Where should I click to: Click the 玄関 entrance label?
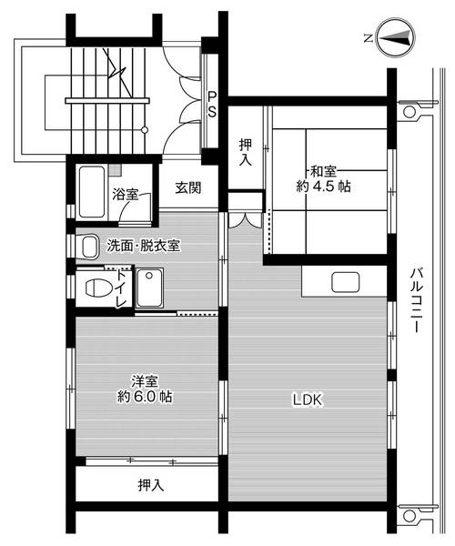point(187,188)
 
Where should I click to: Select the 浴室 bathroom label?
point(126,194)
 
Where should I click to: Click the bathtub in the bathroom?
point(90,189)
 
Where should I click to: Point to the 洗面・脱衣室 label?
point(143,246)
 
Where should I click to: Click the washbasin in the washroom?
point(88,247)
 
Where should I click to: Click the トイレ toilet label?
point(121,289)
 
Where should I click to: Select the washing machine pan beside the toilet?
point(149,289)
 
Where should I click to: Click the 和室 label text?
point(324,170)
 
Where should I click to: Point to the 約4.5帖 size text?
point(323,187)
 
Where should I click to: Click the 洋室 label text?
point(145,381)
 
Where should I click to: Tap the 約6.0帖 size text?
point(145,398)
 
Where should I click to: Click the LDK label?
point(308,399)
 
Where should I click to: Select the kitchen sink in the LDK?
point(347,282)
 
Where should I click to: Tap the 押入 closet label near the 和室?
point(246,151)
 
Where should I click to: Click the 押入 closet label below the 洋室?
point(150,485)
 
